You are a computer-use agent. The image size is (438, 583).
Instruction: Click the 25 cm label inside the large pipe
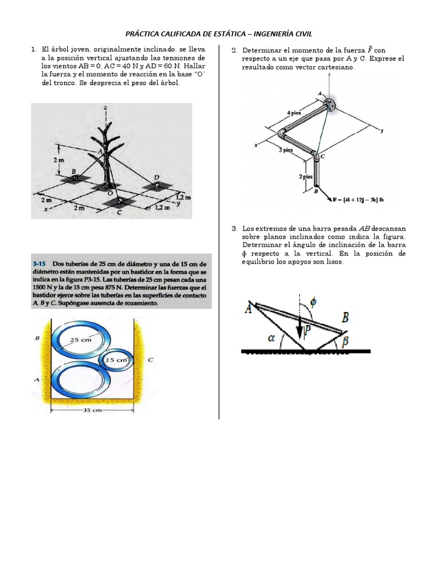pos(81,340)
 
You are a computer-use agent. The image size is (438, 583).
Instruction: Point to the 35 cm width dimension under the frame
pos(92,409)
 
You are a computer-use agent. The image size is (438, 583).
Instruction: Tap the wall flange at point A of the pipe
pos(330,104)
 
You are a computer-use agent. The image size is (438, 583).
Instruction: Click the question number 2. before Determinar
pos(234,51)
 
